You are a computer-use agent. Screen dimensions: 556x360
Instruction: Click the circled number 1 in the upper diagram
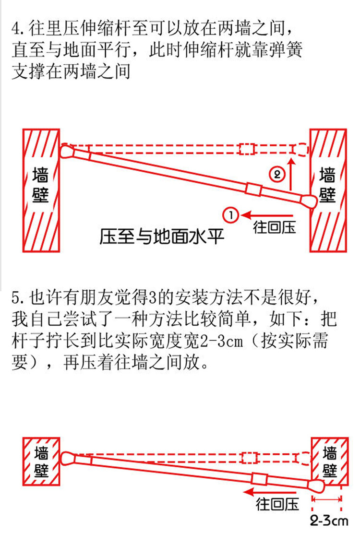coord(231,214)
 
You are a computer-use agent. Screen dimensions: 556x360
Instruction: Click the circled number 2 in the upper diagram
coord(277,173)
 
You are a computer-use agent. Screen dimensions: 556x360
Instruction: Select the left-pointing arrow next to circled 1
coord(266,214)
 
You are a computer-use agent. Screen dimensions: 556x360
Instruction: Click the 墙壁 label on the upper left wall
coord(41,185)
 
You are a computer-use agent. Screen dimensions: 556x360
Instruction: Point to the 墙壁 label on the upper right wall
coord(328,185)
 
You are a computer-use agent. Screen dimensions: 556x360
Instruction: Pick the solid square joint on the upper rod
coord(253,189)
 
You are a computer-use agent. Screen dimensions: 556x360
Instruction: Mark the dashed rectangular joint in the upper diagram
coord(247,149)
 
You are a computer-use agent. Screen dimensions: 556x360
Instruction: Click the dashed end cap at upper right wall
coord(301,149)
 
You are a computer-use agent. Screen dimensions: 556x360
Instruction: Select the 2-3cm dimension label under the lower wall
coord(329,521)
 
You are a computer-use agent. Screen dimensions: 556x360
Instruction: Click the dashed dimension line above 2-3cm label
coord(327,499)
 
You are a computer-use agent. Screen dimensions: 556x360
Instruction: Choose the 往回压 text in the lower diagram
coord(277,504)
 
